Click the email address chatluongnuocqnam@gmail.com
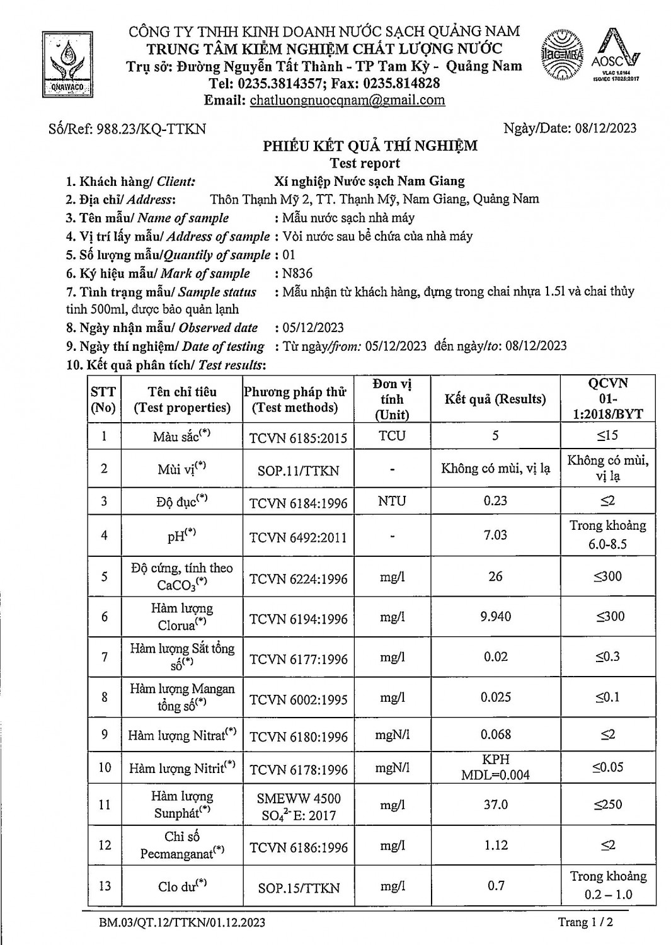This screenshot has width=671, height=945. pos(347,100)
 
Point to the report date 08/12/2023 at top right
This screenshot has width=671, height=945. pos(605,129)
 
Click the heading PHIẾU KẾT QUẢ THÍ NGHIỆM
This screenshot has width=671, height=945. pos(370,146)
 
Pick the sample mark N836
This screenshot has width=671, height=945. pos(297,273)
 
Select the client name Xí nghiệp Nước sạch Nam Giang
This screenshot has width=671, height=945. pos(370,181)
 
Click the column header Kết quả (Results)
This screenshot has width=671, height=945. pos(495,399)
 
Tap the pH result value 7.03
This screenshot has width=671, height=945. pos(495,535)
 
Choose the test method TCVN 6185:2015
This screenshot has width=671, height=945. pos(298,438)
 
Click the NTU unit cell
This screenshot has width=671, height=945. pos(392,501)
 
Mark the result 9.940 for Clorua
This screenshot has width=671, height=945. pos(496,616)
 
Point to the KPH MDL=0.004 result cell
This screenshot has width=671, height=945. pos(495,767)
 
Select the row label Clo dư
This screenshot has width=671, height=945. pos(182,886)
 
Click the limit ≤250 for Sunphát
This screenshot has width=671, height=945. pos(608,805)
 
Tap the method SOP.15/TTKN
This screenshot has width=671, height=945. pos(298,888)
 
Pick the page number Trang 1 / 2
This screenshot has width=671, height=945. pos(585,922)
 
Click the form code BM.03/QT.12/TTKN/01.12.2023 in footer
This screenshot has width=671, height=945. pos(182,923)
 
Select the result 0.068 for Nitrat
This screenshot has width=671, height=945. pos(496,735)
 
